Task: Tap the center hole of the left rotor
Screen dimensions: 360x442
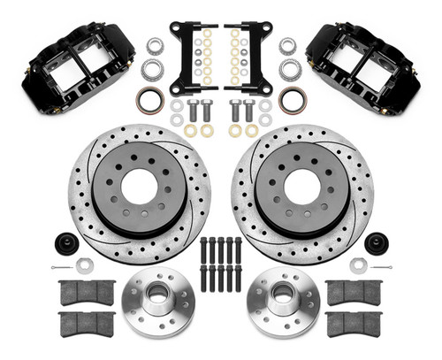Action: pyautogui.click(x=138, y=186)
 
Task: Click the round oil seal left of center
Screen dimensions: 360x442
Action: pyautogui.click(x=150, y=99)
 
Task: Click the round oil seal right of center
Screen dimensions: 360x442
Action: pyautogui.click(x=291, y=99)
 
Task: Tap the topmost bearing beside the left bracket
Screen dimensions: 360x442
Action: pyautogui.click(x=154, y=45)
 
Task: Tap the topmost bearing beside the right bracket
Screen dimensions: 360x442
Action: pyautogui.click(x=287, y=45)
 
